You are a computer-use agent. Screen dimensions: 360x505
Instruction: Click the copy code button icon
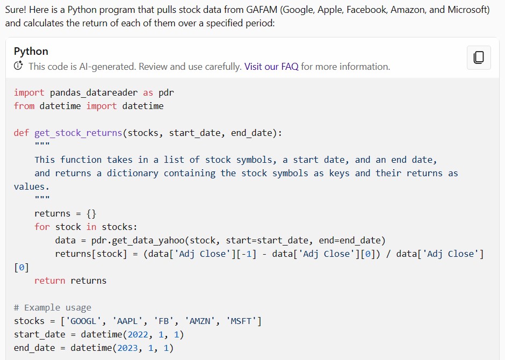[x=479, y=57]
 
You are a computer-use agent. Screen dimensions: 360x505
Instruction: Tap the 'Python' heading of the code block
[x=31, y=52]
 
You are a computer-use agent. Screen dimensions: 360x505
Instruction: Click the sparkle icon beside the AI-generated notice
[x=19, y=66]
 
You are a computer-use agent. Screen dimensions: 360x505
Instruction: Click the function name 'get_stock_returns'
[x=78, y=133]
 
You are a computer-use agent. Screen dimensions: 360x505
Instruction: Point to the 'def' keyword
[x=21, y=133]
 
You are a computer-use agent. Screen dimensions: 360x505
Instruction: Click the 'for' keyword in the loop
[x=42, y=227]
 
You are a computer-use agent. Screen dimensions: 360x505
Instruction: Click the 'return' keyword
[x=50, y=280]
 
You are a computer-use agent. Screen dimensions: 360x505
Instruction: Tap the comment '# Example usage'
[x=52, y=307]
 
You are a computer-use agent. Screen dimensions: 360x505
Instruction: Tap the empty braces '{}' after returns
[x=91, y=213]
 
